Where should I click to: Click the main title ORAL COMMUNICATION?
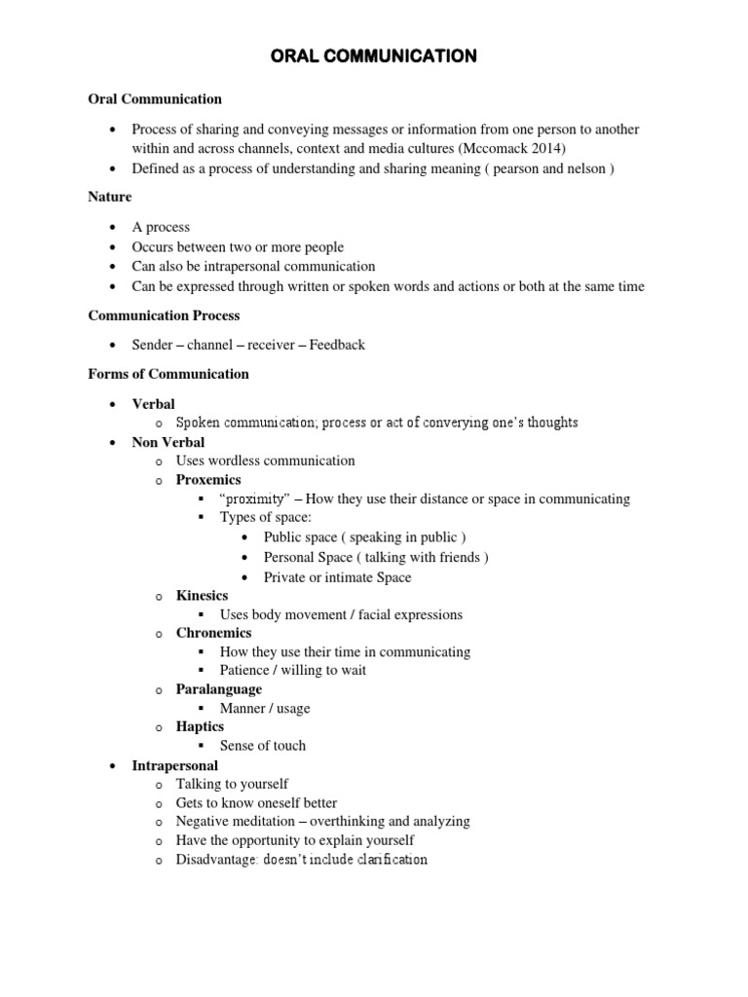click(373, 56)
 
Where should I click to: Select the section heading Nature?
click(110, 197)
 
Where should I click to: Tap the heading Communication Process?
click(164, 315)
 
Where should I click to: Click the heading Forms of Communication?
click(168, 374)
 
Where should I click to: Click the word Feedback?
click(338, 345)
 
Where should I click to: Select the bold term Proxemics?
click(208, 480)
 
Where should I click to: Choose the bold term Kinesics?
click(202, 595)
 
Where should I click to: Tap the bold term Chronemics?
click(213, 633)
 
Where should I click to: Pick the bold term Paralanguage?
click(218, 689)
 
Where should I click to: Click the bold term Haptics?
click(200, 726)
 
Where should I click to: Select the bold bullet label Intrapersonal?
click(174, 766)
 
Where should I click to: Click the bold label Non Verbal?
click(168, 442)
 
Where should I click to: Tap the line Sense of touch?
click(263, 746)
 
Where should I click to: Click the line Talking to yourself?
click(232, 784)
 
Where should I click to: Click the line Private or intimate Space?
click(337, 577)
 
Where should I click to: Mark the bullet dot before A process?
click(114, 228)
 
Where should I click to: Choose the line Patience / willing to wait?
click(293, 671)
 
